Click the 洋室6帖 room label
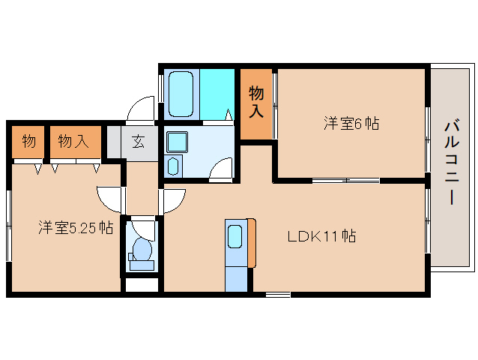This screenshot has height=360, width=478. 351,124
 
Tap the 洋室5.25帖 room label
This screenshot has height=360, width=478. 76,227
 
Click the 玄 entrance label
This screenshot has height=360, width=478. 139,141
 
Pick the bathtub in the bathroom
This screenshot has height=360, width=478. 182,94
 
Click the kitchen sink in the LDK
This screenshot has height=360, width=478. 235,238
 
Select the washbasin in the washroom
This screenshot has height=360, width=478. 177,142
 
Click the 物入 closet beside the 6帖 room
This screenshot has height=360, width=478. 256,103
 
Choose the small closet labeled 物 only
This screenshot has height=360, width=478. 29,141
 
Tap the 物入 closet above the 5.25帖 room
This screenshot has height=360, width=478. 74,141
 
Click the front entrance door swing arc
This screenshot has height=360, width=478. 140,110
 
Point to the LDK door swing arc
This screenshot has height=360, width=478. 174,199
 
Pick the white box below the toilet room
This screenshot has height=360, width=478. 142,284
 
